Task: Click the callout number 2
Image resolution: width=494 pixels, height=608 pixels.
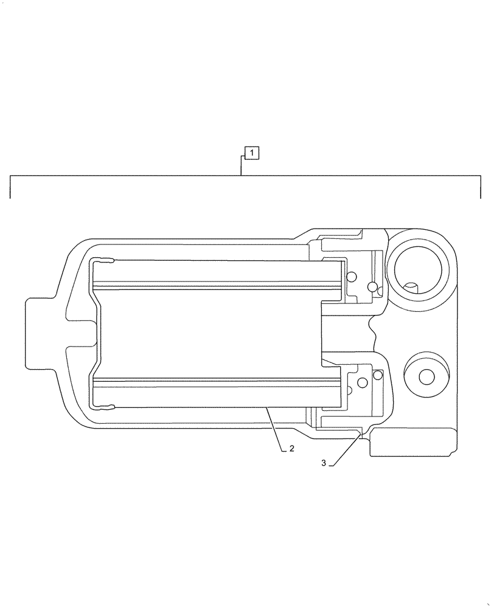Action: (x=292, y=449)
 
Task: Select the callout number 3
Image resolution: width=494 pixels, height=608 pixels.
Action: (x=324, y=463)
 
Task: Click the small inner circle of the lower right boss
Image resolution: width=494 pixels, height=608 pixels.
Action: (x=426, y=378)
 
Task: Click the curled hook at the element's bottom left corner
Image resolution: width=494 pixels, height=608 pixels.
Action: (x=105, y=406)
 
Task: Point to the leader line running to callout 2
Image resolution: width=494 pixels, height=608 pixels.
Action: (x=274, y=430)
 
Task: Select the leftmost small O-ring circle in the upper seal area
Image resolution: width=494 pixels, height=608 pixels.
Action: (x=351, y=278)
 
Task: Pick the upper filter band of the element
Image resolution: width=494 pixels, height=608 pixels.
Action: (x=216, y=273)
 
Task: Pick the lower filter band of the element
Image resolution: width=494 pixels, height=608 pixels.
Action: (x=216, y=393)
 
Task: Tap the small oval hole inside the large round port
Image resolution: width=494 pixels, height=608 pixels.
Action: (x=412, y=286)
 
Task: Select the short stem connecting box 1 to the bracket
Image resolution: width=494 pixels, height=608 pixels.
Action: (x=242, y=167)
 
